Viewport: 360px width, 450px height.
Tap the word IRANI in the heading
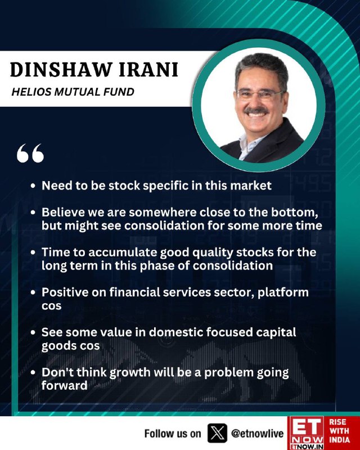point(148,70)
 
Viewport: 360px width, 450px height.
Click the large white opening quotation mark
point(30,153)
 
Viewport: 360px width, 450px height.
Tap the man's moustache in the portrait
point(256,110)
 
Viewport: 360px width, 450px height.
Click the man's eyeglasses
point(260,94)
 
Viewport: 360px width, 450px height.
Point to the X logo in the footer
point(217,433)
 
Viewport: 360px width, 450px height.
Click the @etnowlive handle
point(257,433)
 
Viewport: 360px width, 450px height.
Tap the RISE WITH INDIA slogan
point(339,431)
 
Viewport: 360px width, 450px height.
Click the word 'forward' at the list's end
point(64,385)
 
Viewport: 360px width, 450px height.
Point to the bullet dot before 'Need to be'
point(33,186)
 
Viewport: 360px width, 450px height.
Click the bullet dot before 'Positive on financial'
point(33,292)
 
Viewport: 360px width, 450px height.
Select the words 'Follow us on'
point(173,433)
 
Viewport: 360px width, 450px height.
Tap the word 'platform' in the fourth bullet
point(283,292)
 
